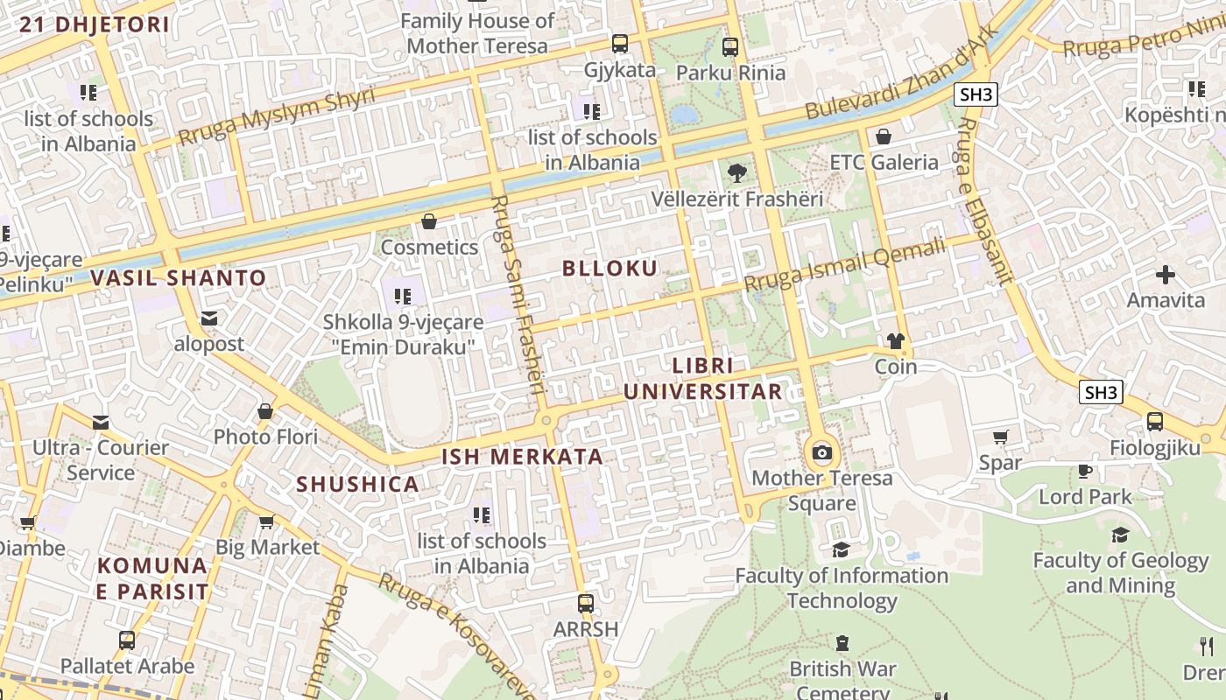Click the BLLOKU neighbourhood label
(x=609, y=269)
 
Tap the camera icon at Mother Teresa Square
(x=821, y=452)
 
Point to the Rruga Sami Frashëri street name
(x=518, y=297)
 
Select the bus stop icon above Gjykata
(x=619, y=44)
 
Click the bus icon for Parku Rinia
(x=730, y=47)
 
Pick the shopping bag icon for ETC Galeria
(x=884, y=136)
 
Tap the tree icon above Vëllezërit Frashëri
(x=737, y=172)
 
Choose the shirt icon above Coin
(x=895, y=341)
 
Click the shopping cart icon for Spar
(x=1001, y=437)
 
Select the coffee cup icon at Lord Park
(x=1085, y=471)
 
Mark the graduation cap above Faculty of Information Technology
(x=841, y=549)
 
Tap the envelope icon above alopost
(x=209, y=318)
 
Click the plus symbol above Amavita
(x=1165, y=275)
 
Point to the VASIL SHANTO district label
(x=179, y=278)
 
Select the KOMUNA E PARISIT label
(x=153, y=578)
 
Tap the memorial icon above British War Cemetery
(x=842, y=643)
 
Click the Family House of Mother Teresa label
(x=478, y=33)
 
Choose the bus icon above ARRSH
(x=586, y=603)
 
